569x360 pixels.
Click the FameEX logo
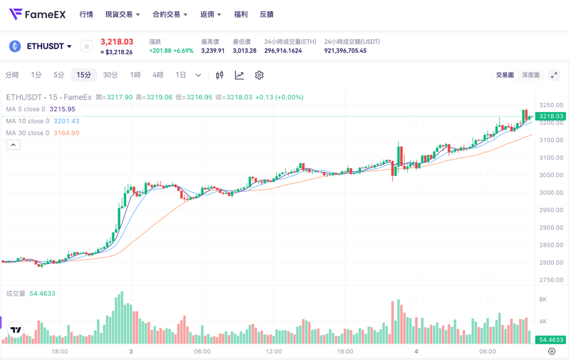tap(37, 14)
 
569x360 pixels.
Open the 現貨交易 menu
tap(122, 14)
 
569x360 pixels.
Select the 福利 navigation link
tap(240, 14)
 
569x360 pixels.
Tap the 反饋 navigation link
tap(266, 14)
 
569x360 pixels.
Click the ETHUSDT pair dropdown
tap(49, 46)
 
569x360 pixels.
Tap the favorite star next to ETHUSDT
tap(86, 46)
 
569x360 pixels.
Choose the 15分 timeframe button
tap(84, 75)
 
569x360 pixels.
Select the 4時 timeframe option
tap(158, 75)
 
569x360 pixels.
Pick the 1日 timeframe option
tap(181, 75)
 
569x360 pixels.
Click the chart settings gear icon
tap(259, 75)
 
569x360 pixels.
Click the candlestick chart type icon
tap(220, 75)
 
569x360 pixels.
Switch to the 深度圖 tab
tap(530, 75)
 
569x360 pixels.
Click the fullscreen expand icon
tap(554, 75)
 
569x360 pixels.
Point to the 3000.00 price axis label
tap(551, 192)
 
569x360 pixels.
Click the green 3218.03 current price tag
tap(551, 116)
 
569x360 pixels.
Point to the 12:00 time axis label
tap(273, 351)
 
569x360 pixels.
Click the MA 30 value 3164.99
tap(66, 133)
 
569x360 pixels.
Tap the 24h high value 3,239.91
tap(213, 51)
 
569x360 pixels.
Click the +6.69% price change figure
tap(183, 51)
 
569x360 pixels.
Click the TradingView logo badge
tap(16, 330)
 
